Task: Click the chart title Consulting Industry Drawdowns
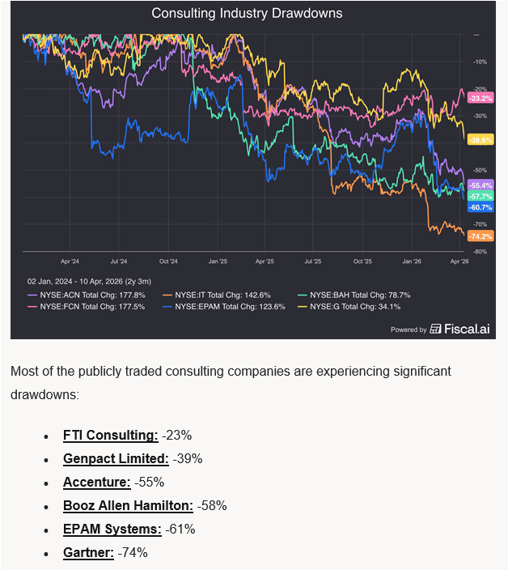click(247, 13)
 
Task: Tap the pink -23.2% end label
click(480, 98)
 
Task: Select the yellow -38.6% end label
click(480, 140)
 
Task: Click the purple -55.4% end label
click(480, 185)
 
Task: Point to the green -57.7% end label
click(480, 196)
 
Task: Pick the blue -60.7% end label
click(480, 207)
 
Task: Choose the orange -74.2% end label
click(480, 236)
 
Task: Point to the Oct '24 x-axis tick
click(168, 262)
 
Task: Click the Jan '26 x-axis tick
click(412, 262)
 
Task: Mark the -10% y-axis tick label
click(480, 62)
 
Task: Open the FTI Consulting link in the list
click(111, 435)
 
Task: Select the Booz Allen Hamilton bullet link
click(128, 505)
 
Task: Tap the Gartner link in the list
click(88, 552)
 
